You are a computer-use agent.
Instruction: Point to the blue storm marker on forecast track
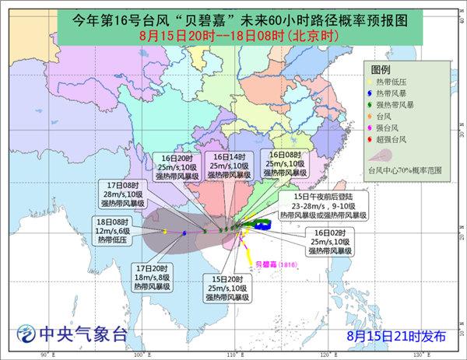184,232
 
